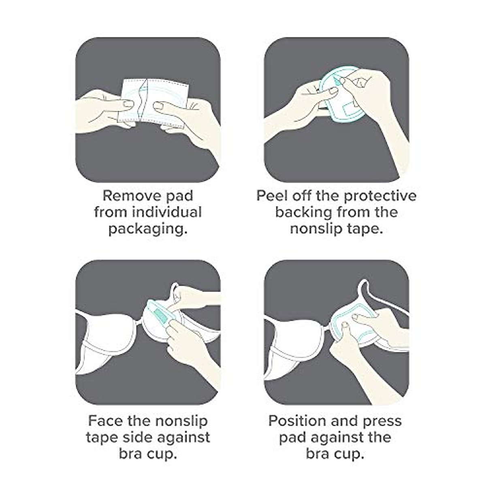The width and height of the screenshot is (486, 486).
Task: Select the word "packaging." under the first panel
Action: [x=148, y=229]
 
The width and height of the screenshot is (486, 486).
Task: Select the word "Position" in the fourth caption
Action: [x=298, y=421]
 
